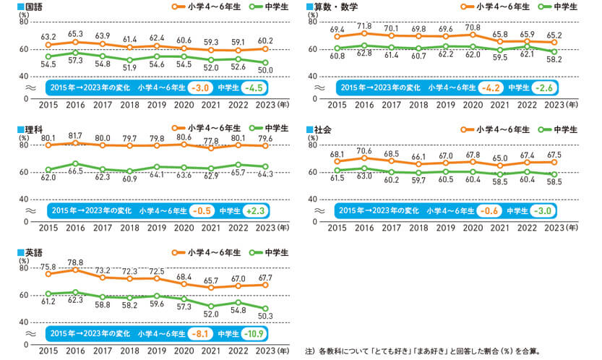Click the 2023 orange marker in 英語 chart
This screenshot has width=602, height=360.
(265, 284)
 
